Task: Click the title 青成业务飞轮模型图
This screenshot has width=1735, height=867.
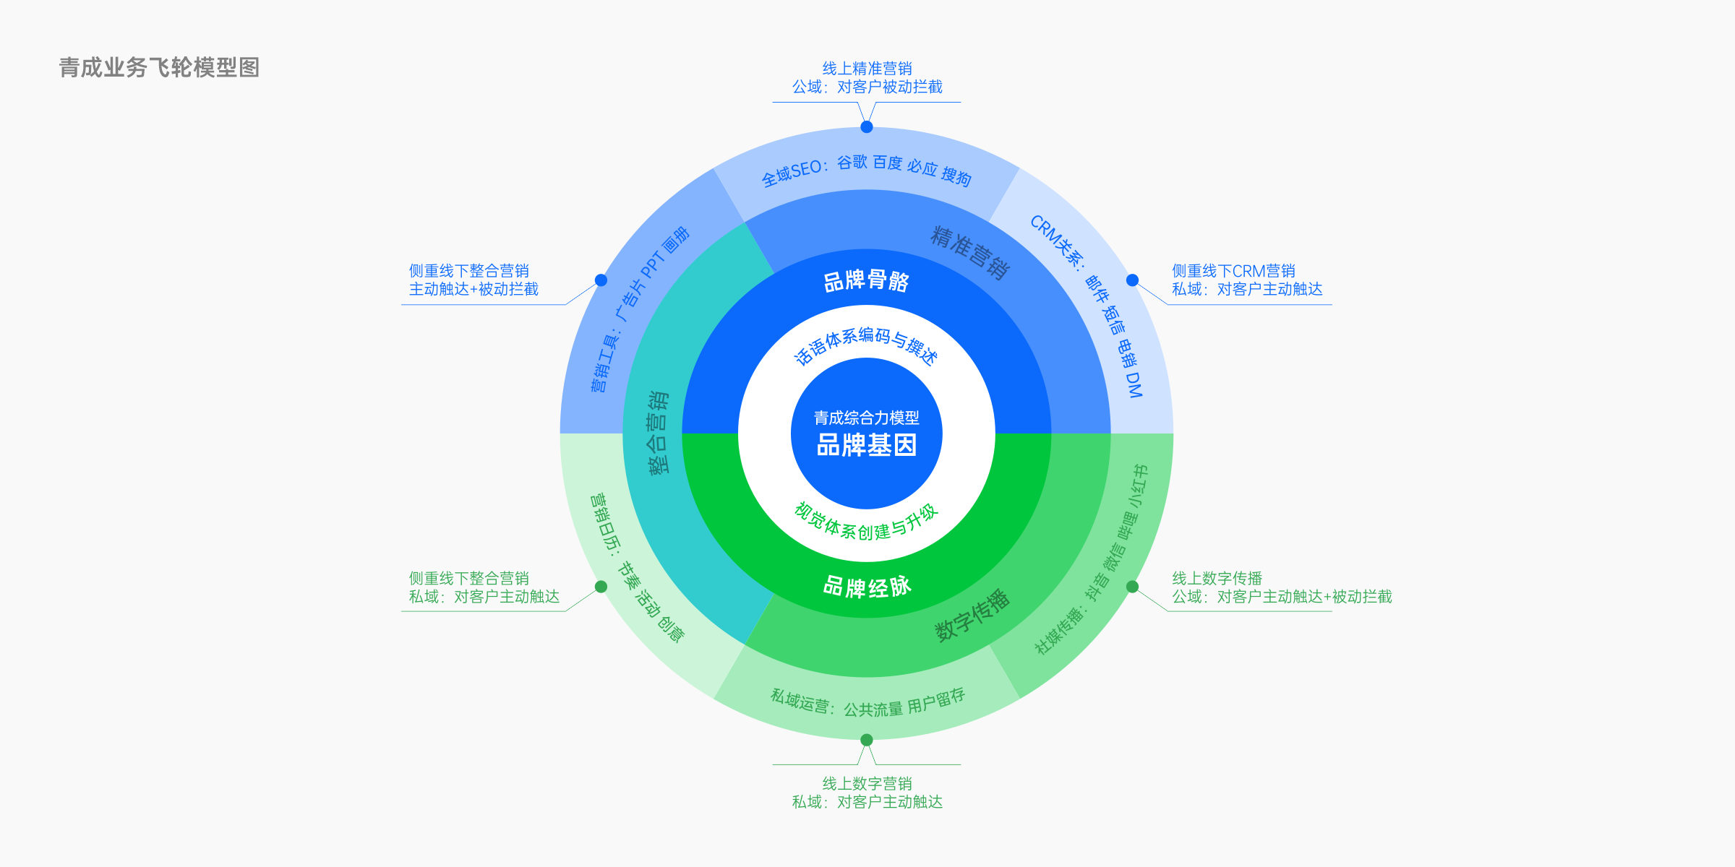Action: pos(159,68)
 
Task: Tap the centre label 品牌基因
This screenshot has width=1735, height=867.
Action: pos(867,445)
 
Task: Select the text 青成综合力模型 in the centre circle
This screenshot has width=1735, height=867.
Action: pos(867,418)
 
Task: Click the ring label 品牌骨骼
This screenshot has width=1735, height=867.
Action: pos(867,280)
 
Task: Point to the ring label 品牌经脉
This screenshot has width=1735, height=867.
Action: pos(867,586)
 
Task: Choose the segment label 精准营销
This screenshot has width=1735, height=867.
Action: pos(970,252)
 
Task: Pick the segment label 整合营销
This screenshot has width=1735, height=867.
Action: pos(659,433)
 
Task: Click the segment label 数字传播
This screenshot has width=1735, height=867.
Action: pos(972,616)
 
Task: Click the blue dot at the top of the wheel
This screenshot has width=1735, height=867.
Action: pos(867,127)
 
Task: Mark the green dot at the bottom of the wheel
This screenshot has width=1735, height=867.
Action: pos(867,740)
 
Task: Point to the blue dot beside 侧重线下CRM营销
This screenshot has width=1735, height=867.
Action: pos(1133,280)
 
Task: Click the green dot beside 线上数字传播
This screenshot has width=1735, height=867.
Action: pos(1133,587)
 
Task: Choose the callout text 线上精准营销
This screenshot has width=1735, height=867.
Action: pos(867,69)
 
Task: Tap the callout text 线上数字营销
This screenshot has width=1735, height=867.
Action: pos(867,784)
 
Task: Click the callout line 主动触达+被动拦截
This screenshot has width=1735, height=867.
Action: pos(474,289)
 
